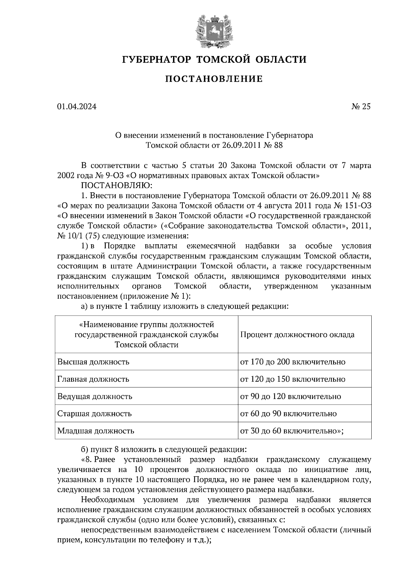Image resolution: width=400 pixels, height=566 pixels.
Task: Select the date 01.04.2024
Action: click(77, 107)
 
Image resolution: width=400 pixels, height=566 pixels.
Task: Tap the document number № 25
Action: click(361, 107)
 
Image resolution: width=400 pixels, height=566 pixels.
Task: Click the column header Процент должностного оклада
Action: click(297, 335)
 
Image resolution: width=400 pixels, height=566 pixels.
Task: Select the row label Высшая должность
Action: click(93, 362)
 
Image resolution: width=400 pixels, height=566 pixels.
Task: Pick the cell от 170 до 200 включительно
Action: click(293, 362)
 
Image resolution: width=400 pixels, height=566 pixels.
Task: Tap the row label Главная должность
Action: click(93, 379)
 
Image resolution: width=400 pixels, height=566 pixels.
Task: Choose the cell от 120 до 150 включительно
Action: click(293, 379)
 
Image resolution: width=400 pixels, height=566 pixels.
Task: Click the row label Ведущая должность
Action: click(95, 397)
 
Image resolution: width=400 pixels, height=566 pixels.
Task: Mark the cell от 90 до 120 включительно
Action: click(291, 397)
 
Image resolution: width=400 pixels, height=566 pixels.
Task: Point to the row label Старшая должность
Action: click(94, 414)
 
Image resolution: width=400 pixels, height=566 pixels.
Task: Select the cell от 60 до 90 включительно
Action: click(288, 414)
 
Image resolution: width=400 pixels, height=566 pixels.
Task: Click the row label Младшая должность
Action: click(96, 431)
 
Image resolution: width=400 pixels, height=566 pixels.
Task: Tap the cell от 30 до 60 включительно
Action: click(291, 431)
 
